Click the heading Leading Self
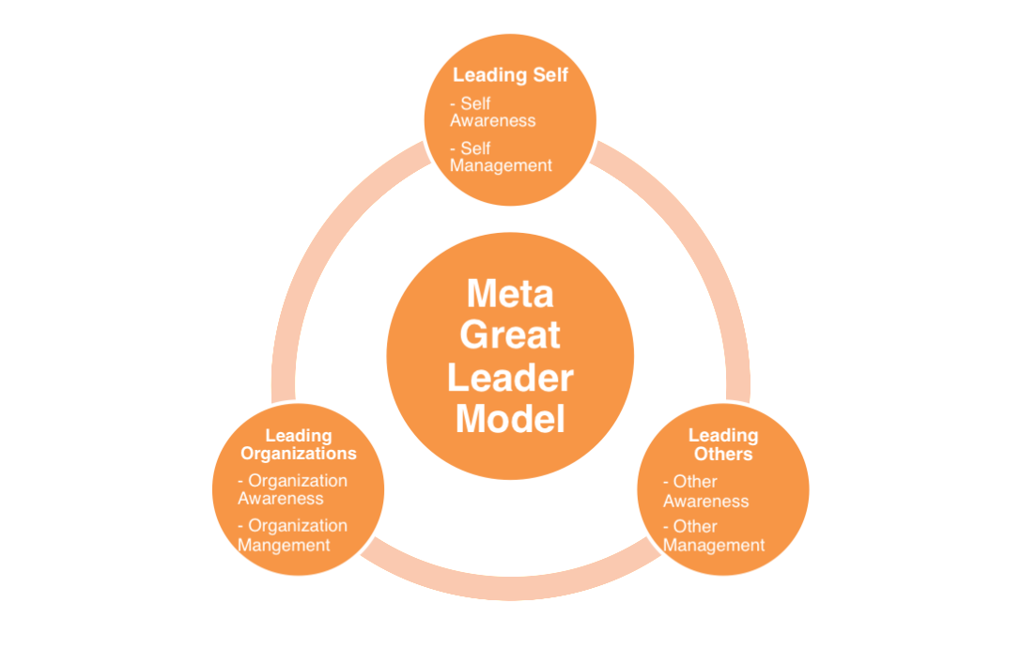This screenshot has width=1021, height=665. pyautogui.click(x=510, y=75)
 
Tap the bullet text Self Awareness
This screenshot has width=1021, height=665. pyautogui.click(x=493, y=112)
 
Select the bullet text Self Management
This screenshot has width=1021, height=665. pyautogui.click(x=501, y=156)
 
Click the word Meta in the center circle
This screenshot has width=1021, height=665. pyautogui.click(x=510, y=293)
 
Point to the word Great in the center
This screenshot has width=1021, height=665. pyautogui.click(x=510, y=334)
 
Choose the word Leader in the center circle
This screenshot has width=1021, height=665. pyautogui.click(x=510, y=377)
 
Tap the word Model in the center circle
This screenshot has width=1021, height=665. pyautogui.click(x=510, y=418)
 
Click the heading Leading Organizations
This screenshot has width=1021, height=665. pyautogui.click(x=299, y=444)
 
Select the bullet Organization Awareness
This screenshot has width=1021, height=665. pyautogui.click(x=292, y=489)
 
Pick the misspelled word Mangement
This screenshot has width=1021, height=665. pyautogui.click(x=284, y=545)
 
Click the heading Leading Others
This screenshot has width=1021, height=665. pyautogui.click(x=722, y=444)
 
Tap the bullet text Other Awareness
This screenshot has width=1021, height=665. pyautogui.click(x=705, y=491)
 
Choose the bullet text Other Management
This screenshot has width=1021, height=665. pyautogui.click(x=714, y=535)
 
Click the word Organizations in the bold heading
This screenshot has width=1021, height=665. pyautogui.click(x=299, y=454)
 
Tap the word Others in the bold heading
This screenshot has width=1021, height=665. pyautogui.click(x=722, y=455)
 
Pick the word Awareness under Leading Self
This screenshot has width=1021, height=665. pyautogui.click(x=492, y=121)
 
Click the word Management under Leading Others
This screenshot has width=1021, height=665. pyautogui.click(x=714, y=546)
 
